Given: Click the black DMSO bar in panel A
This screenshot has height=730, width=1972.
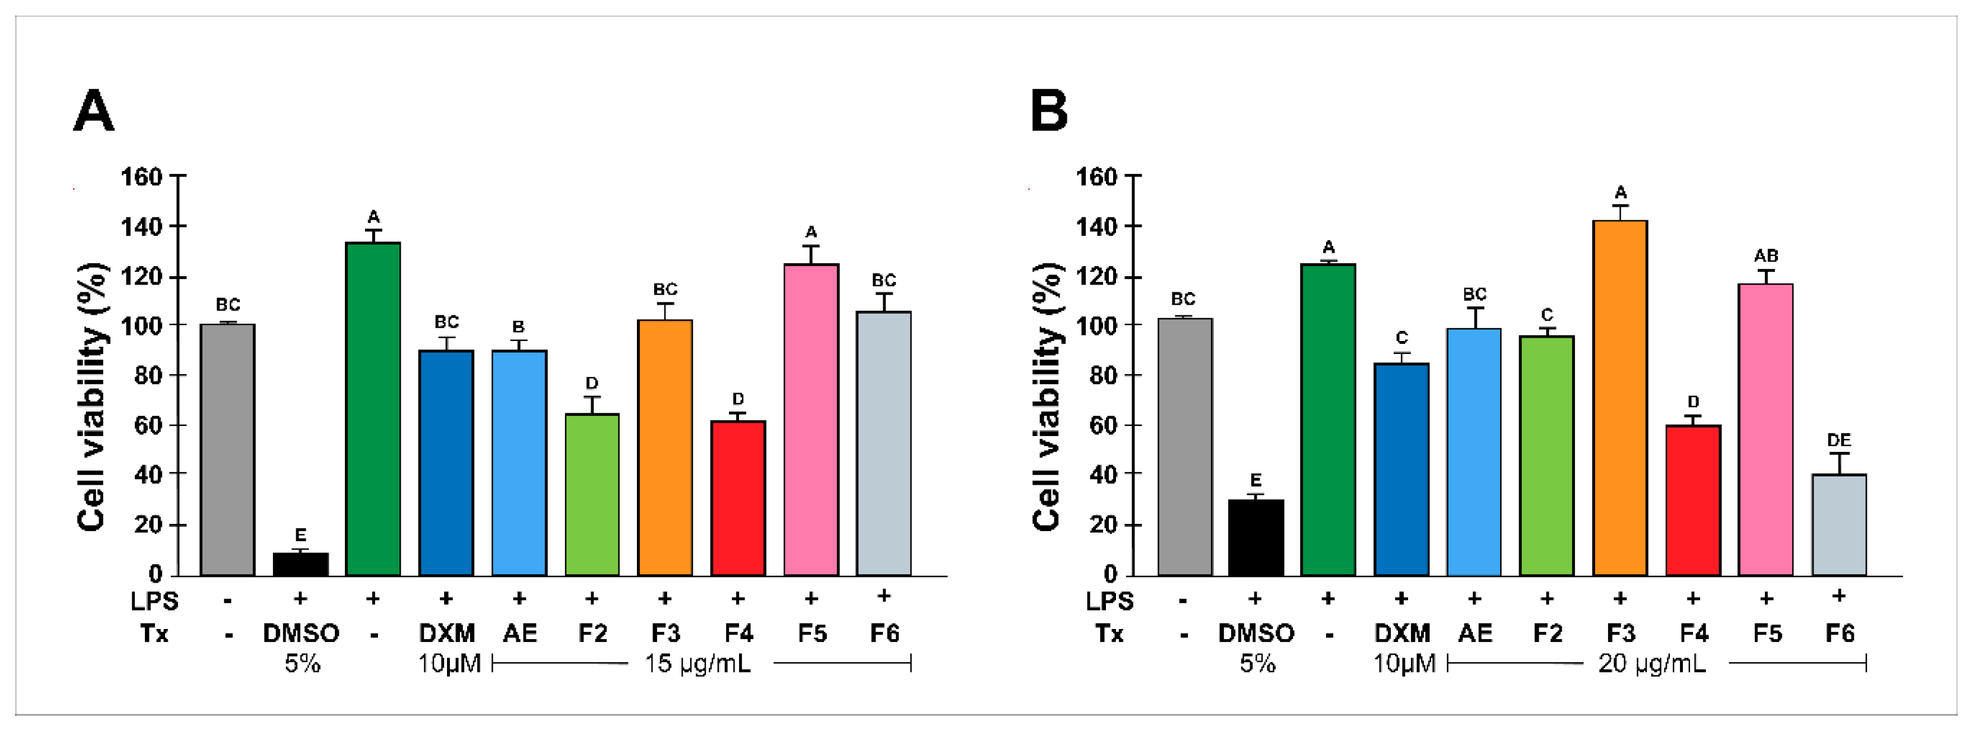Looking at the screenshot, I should (301, 564).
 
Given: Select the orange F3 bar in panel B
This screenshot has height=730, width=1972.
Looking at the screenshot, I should (1620, 399).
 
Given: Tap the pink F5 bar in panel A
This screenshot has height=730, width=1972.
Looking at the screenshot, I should (811, 420).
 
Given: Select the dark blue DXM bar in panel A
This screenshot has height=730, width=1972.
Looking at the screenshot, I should (446, 463).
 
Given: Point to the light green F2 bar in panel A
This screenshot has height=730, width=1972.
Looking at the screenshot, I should (592, 494).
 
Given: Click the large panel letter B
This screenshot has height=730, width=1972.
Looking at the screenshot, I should (1049, 112).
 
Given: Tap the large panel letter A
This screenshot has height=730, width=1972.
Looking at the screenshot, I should (93, 112).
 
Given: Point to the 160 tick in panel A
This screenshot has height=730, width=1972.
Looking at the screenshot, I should (142, 177).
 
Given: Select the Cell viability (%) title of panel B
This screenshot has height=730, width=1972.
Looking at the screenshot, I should (1047, 397).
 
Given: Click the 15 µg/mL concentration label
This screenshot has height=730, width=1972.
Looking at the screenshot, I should (698, 663).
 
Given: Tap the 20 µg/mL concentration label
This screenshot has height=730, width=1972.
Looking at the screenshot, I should (1652, 663).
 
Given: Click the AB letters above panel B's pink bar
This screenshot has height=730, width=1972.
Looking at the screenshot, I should (1765, 256).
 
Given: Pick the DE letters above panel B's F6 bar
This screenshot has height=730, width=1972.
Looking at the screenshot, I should (1839, 441).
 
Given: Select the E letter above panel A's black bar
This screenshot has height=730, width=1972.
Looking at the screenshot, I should (300, 535).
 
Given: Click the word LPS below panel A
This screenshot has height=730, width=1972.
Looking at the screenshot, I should (154, 601).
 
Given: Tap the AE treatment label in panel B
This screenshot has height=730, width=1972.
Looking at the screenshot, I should (1475, 634).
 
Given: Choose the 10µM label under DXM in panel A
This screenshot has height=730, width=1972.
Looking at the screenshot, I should (449, 663).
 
